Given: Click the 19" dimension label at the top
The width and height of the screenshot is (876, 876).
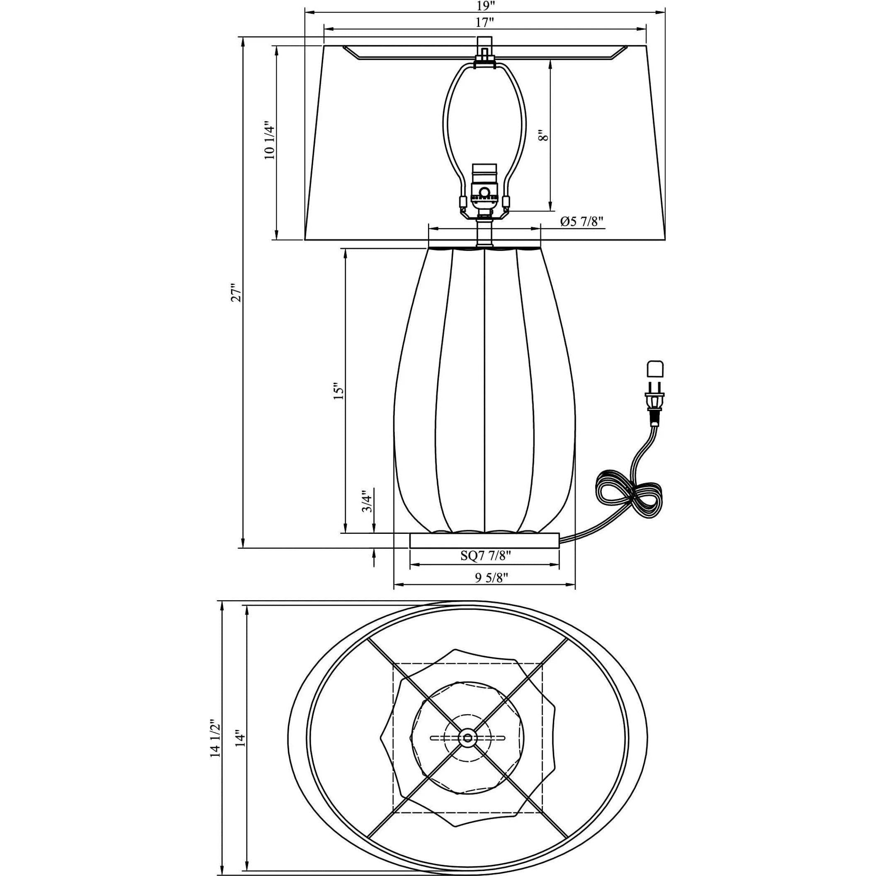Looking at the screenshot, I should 484,6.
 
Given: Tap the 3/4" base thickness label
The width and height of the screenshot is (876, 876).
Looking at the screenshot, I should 367,501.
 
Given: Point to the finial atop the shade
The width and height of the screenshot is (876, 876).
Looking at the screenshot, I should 484,45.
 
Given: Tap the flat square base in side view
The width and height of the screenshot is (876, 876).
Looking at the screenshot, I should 484,540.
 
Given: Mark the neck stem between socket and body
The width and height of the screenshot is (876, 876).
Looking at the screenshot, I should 484,232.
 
